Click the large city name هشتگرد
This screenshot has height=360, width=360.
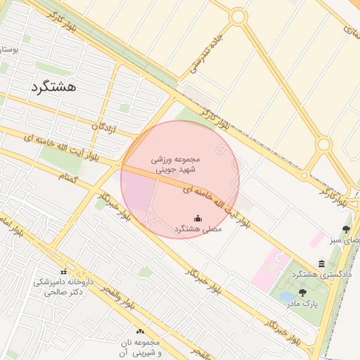click(53, 87)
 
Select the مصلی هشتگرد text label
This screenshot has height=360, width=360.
click(198, 230)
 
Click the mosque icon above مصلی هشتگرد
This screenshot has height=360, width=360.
click(198, 218)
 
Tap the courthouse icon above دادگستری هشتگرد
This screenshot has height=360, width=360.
click(321, 264)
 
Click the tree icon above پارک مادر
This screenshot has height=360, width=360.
click(303, 292)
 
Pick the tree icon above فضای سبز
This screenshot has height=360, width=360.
click(345, 229)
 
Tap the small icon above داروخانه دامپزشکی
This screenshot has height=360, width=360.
click(64, 272)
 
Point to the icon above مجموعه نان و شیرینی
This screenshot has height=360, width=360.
click(139, 331)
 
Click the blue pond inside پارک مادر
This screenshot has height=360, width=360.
click(288, 297)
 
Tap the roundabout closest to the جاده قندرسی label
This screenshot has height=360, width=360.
click(238, 15)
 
